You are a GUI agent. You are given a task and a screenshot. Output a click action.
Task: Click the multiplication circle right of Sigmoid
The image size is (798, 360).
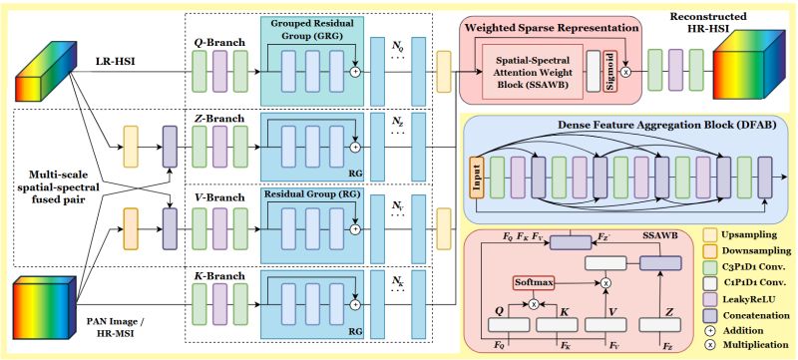click(625, 74)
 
